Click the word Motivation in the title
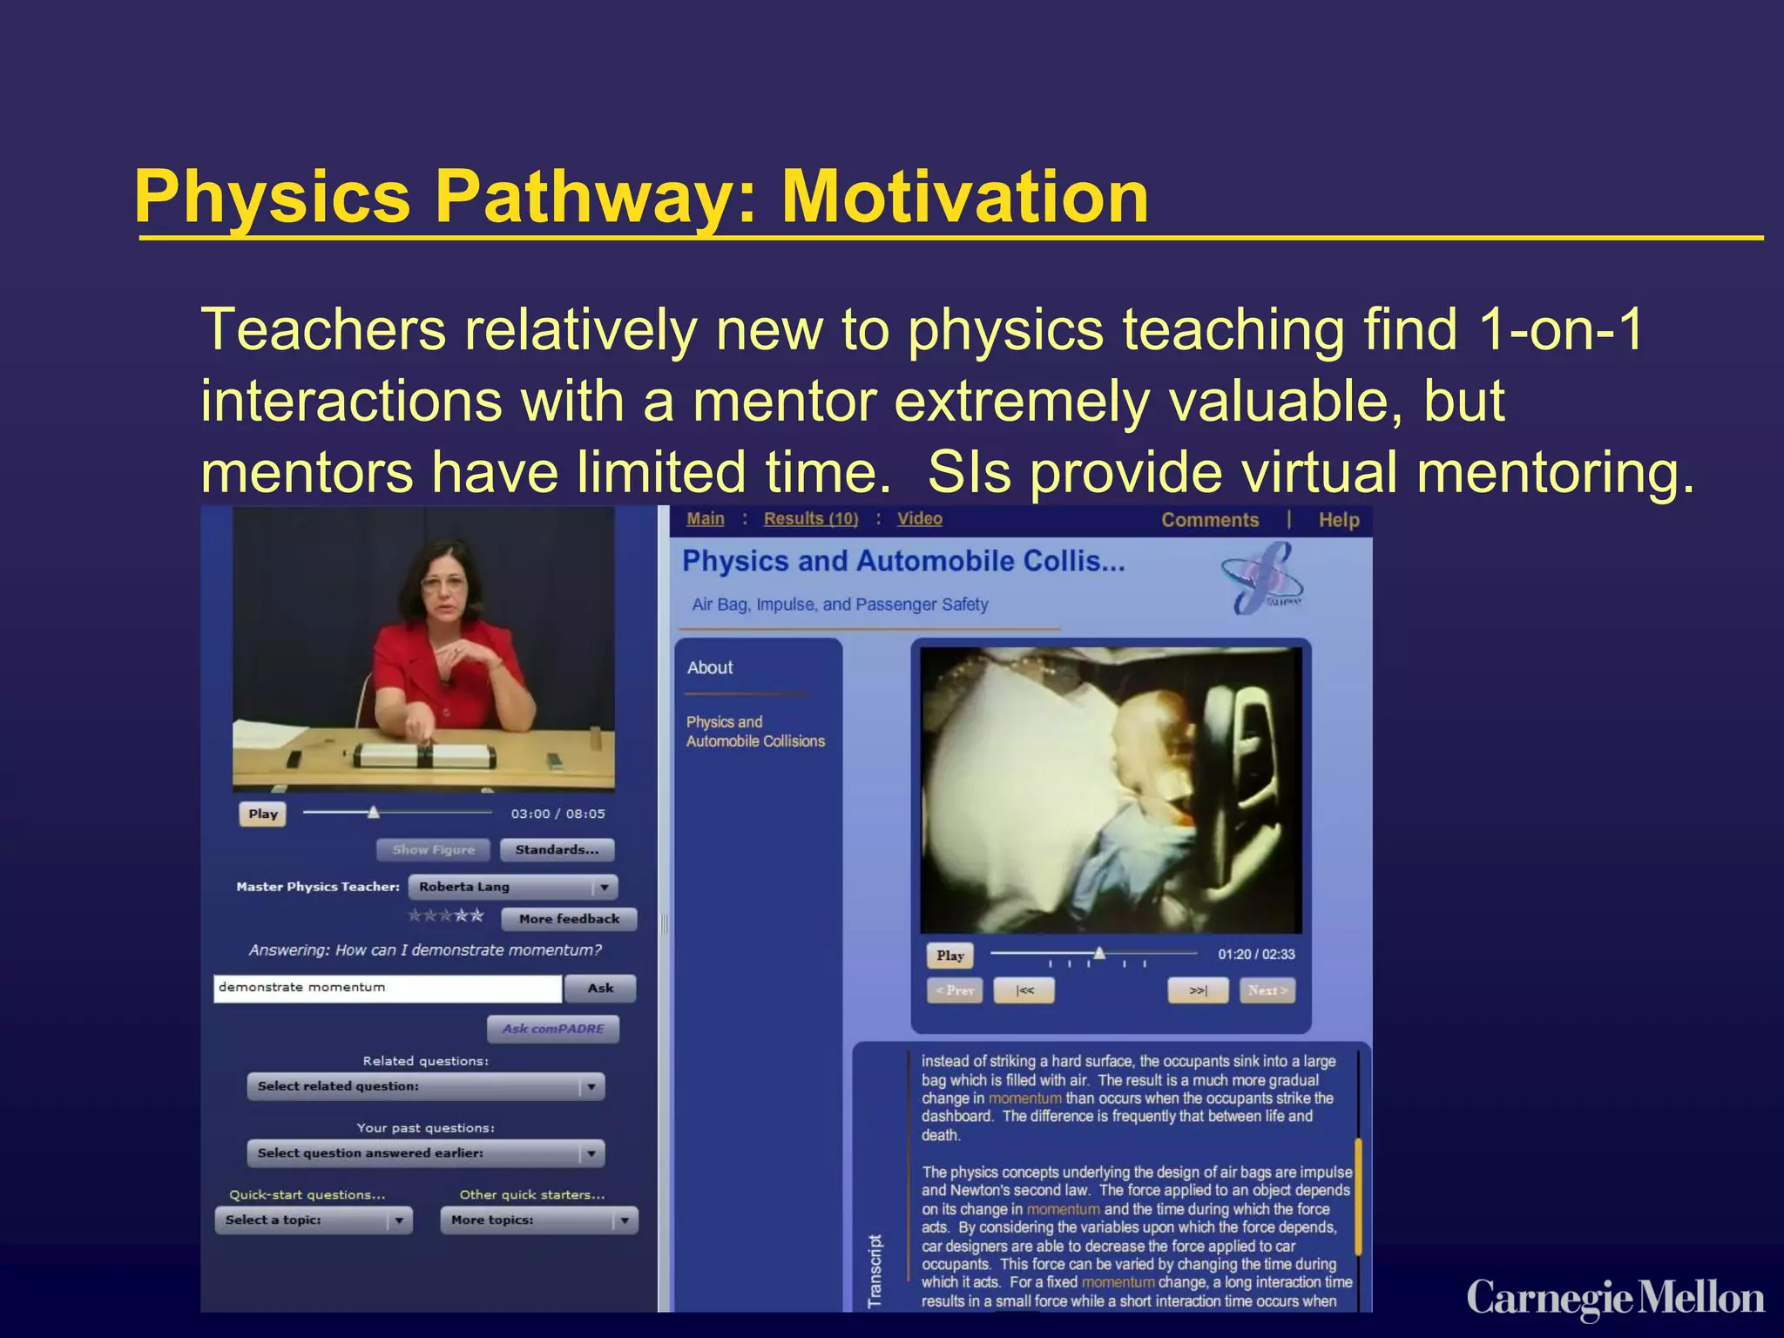964,197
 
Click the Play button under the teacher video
262,814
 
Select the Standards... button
557,849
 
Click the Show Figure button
433,849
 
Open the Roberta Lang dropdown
513,887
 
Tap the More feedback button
569,918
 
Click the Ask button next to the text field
600,988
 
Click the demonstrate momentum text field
387,988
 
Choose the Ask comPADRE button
553,1029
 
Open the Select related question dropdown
425,1086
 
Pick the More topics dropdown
539,1220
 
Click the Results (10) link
811,518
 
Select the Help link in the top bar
1338,520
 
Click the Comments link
1210,520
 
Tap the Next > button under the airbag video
1267,990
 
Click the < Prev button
955,990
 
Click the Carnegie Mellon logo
1615,1298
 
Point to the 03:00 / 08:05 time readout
557,814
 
